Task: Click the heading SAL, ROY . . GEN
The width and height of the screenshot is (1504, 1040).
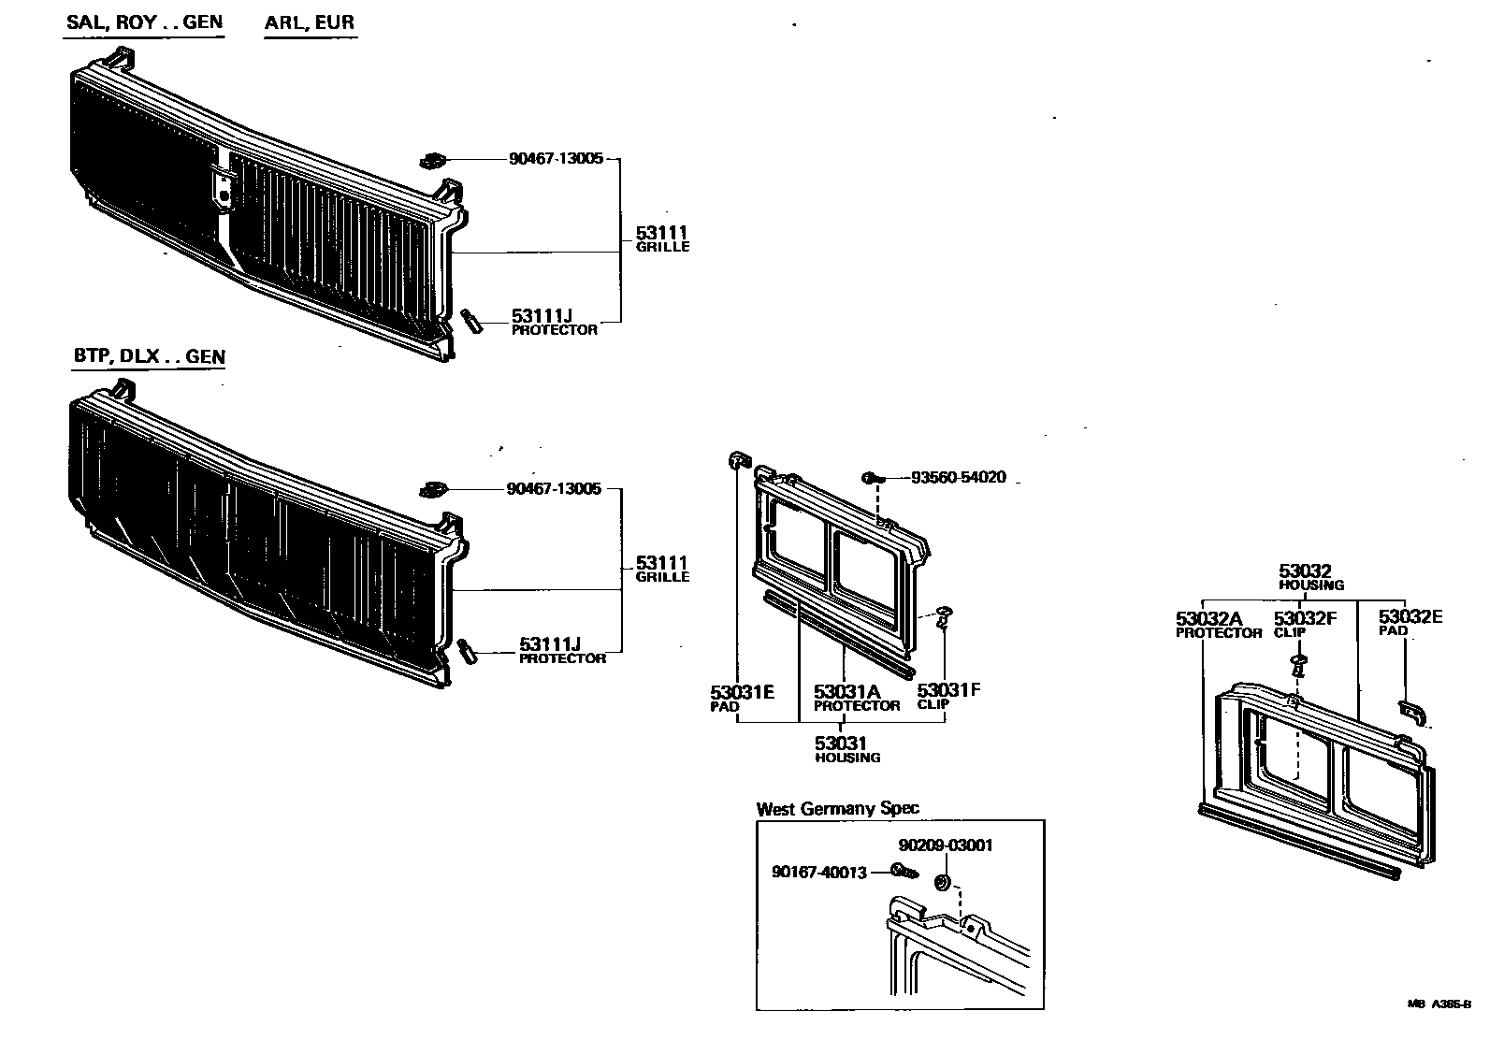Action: pyautogui.click(x=144, y=22)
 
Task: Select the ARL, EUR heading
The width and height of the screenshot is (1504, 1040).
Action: pyautogui.click(x=310, y=22)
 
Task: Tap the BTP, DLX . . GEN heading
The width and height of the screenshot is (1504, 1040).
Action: pyautogui.click(x=149, y=356)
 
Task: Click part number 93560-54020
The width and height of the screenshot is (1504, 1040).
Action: pyautogui.click(x=958, y=478)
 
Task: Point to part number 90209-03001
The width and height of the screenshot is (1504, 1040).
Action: pyautogui.click(x=946, y=845)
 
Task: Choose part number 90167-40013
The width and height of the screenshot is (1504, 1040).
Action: pyautogui.click(x=819, y=872)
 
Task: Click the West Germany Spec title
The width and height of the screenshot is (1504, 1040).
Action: pyautogui.click(x=837, y=809)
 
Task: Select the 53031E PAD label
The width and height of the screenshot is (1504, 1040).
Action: pyautogui.click(x=742, y=698)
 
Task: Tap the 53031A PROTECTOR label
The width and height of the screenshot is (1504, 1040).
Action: pyautogui.click(x=856, y=698)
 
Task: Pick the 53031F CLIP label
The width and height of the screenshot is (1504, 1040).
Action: pyautogui.click(x=948, y=696)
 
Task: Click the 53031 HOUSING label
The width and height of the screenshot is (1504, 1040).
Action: pyautogui.click(x=846, y=749)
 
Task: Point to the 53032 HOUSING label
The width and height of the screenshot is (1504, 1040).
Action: pyautogui.click(x=1311, y=577)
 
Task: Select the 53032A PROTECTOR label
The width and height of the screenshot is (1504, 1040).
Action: pyautogui.click(x=1218, y=625)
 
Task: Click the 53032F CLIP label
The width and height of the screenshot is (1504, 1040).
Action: pyautogui.click(x=1305, y=624)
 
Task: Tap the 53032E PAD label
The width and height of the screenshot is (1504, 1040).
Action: pyautogui.click(x=1410, y=622)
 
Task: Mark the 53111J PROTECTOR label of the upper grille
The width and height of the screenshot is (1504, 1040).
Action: pyautogui.click(x=554, y=322)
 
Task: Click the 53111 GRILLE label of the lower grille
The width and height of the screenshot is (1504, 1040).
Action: pyautogui.click(x=662, y=569)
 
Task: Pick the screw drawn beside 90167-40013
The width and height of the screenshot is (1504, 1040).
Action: pyautogui.click(x=904, y=872)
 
